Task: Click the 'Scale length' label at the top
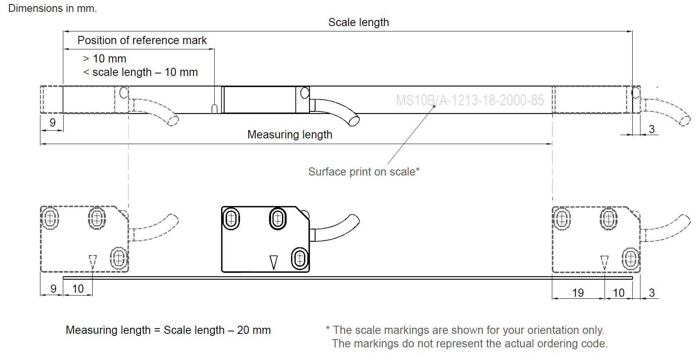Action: (x=358, y=22)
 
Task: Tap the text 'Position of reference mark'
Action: (x=142, y=40)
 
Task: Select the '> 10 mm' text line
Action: (x=105, y=59)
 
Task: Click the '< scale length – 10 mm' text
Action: (x=140, y=72)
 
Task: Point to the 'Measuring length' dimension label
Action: (x=289, y=135)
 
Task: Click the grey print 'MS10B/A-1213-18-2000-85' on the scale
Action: (x=469, y=100)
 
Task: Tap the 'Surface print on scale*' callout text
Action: (x=363, y=172)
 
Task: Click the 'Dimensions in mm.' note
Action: (x=52, y=8)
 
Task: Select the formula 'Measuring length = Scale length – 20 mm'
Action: (x=168, y=330)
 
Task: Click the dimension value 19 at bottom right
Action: (x=578, y=293)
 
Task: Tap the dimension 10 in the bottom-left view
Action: (x=78, y=289)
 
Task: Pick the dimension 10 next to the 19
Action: (x=618, y=293)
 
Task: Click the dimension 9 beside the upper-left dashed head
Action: (x=52, y=122)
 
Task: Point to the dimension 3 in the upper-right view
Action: (x=651, y=129)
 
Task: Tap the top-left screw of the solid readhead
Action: (x=231, y=219)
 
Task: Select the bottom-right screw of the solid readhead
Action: (x=300, y=258)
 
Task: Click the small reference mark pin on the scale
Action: (x=214, y=109)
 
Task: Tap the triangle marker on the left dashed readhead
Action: (x=93, y=262)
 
